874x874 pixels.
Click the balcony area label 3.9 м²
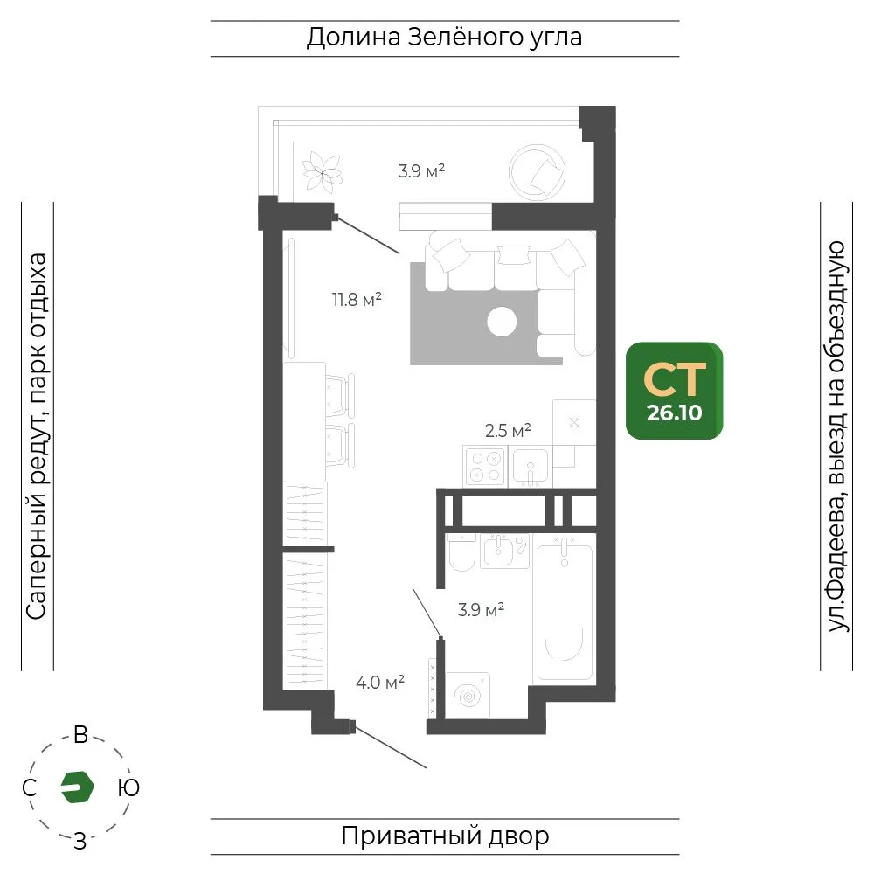(x=421, y=170)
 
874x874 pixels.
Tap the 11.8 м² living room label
(x=357, y=299)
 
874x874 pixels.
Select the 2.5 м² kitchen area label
(x=508, y=430)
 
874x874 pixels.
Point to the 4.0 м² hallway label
(x=380, y=683)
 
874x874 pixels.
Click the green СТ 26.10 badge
(x=674, y=391)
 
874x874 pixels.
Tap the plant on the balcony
(x=322, y=173)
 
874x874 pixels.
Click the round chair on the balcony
(x=537, y=172)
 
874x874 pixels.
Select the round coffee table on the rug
(x=502, y=322)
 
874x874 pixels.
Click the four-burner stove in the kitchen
(x=485, y=467)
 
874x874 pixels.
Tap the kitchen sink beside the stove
(x=531, y=467)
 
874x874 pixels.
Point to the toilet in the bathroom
(x=461, y=552)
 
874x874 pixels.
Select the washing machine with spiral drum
(x=468, y=695)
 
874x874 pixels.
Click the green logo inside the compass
(x=77, y=787)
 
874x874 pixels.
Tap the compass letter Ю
(x=128, y=787)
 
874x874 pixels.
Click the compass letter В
(x=80, y=735)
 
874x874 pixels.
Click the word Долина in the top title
(x=353, y=38)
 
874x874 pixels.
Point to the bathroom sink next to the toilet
(x=497, y=551)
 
